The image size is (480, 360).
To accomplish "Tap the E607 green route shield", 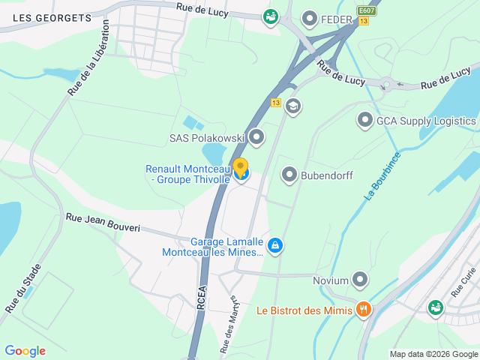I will pyautogui.click(x=366, y=10).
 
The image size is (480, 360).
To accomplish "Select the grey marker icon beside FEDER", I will pyautogui.click(x=309, y=18).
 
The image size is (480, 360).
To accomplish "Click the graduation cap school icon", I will pyautogui.click(x=293, y=106).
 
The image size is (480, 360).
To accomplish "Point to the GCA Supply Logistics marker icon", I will pyautogui.click(x=365, y=120).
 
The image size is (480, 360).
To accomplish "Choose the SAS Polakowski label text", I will pyautogui.click(x=206, y=138).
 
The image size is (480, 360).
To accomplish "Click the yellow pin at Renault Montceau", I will pyautogui.click(x=240, y=167).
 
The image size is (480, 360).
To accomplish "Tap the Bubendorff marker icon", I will pyautogui.click(x=289, y=175).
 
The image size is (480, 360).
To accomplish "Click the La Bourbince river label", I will pyautogui.click(x=382, y=175).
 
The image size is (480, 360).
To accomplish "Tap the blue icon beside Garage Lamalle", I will pyautogui.click(x=275, y=244).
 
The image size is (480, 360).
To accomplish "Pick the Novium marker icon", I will pyautogui.click(x=361, y=280).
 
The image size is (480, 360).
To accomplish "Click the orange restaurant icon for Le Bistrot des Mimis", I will pyautogui.click(x=364, y=309).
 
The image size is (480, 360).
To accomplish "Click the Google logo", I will pyautogui.click(x=25, y=351).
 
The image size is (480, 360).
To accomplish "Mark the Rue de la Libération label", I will pyautogui.click(x=89, y=58).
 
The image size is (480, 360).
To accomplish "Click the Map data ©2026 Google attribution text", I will pyautogui.click(x=433, y=354).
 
